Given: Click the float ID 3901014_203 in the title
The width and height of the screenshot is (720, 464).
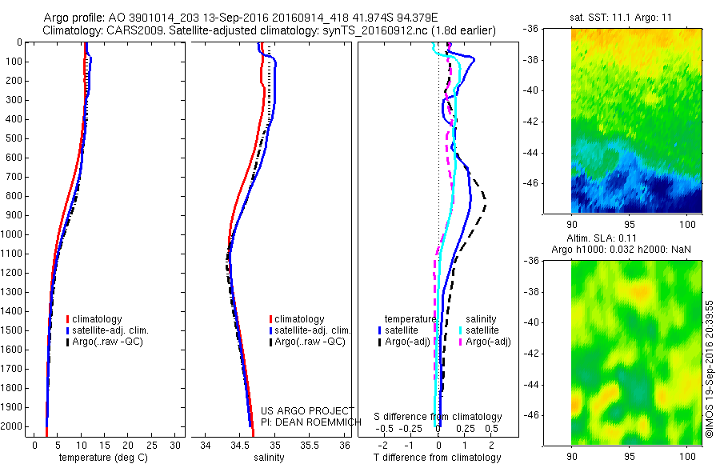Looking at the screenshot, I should [163, 18].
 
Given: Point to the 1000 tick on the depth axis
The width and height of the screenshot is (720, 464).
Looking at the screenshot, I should [16, 234].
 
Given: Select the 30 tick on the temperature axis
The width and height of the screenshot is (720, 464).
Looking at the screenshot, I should [175, 445].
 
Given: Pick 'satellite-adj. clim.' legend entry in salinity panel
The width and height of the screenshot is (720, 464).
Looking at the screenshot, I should [314, 330].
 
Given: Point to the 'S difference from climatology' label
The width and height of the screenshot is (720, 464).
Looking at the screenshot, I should [438, 417].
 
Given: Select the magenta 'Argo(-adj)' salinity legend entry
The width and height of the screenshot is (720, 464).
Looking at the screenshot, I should [488, 342].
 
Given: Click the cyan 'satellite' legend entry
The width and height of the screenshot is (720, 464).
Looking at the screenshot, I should [482, 330].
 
